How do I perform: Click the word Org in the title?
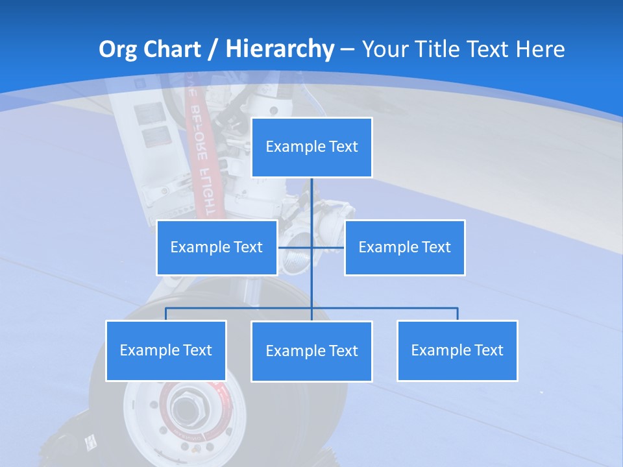click(x=117, y=49)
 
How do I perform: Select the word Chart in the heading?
click(x=171, y=49)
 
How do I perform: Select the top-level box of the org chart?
click(x=311, y=147)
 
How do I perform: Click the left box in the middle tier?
click(x=217, y=247)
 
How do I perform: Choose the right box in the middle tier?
click(x=404, y=247)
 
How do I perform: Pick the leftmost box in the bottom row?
click(x=165, y=350)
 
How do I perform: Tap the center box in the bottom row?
click(x=311, y=351)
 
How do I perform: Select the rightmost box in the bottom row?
click(x=457, y=350)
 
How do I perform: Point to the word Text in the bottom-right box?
click(x=488, y=350)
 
